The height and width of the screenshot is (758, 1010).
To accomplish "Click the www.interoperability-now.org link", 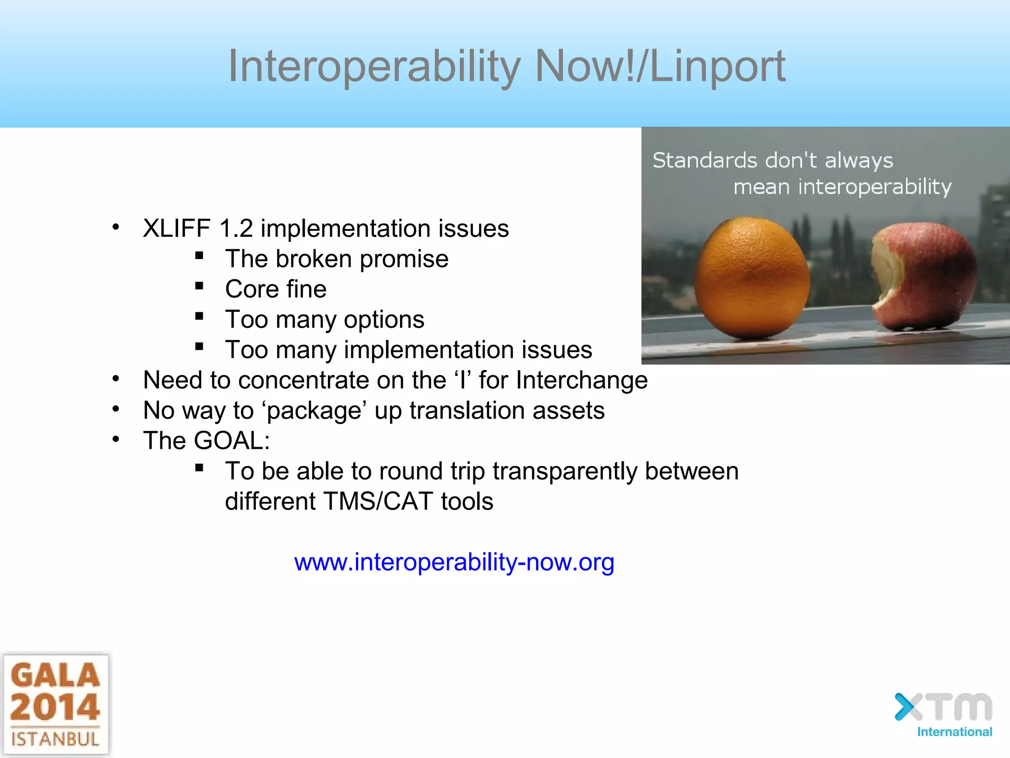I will click(x=454, y=562).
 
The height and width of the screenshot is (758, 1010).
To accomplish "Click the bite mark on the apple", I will click(x=885, y=276).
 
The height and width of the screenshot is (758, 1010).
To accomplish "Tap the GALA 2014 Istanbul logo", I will click(x=55, y=705).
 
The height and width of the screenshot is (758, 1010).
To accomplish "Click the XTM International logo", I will click(x=943, y=715).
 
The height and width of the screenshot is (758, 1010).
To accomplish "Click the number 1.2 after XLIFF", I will click(x=236, y=228).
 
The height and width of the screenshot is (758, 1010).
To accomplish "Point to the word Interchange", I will click(x=581, y=380).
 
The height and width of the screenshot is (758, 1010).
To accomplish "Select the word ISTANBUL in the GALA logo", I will click(x=55, y=739).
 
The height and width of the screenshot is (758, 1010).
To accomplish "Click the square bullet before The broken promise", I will click(x=199, y=256).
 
